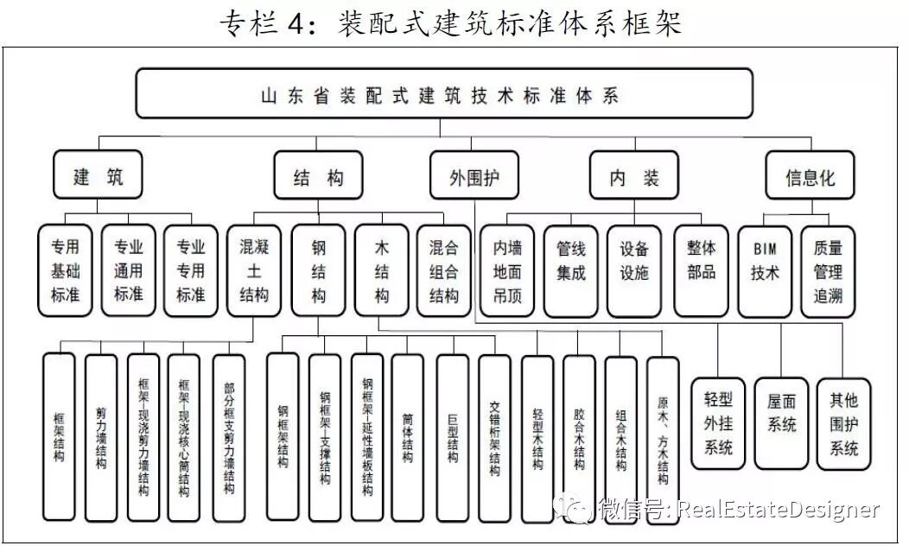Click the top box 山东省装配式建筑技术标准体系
pyautogui.click(x=442, y=93)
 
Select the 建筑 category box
pyautogui.click(x=98, y=177)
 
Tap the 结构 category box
pyautogui.click(x=318, y=177)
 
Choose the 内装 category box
pyautogui.click(x=634, y=177)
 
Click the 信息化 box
pyautogui.click(x=810, y=177)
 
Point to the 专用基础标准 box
pyautogui.click(x=65, y=270)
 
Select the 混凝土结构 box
pyautogui.click(x=254, y=270)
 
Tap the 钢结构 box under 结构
pyautogui.click(x=318, y=270)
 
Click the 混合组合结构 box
pyautogui.click(x=444, y=270)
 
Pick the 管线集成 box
pyautogui.click(x=570, y=270)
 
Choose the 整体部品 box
pyautogui.click(x=700, y=270)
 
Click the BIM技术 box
pyautogui.click(x=765, y=270)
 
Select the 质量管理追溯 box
pyautogui.click(x=828, y=270)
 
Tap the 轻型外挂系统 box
pyautogui.click(x=718, y=423)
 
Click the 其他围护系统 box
pyautogui.click(x=844, y=423)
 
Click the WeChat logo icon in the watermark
pyautogui.click(x=576, y=507)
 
